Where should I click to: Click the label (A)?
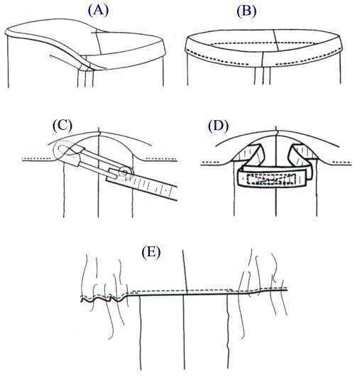[98, 11]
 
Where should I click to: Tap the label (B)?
[246, 11]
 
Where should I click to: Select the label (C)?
[62, 126]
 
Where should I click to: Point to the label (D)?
[219, 126]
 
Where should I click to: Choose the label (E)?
[151, 253]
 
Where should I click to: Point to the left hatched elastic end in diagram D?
[250, 154]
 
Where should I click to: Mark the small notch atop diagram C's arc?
[99, 133]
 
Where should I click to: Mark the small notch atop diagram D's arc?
[276, 132]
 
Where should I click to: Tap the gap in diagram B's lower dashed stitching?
[262, 64]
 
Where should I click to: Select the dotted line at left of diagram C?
[36, 159]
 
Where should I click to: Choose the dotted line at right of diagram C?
[162, 159]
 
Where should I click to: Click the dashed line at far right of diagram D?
[344, 163]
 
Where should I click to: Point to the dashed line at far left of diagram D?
[211, 163]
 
